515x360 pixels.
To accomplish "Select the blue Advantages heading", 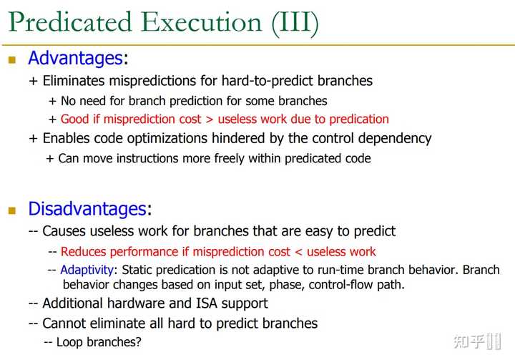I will [x=75, y=59].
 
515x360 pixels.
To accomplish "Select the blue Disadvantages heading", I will [x=87, y=209].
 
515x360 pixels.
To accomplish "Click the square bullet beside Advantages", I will [x=11, y=60].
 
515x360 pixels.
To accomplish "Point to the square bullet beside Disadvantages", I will [x=11, y=210].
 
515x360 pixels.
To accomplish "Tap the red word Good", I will [x=75, y=120].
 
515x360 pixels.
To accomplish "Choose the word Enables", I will [x=67, y=138].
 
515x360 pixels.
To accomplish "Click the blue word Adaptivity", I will [x=87, y=271].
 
